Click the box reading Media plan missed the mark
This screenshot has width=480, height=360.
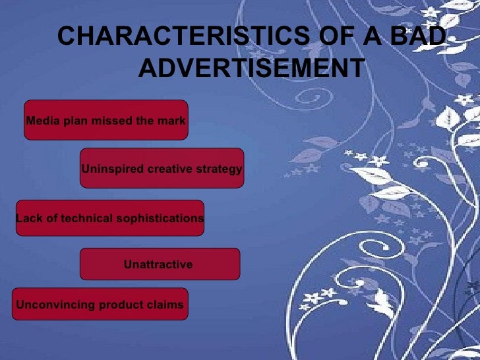(x=105, y=120)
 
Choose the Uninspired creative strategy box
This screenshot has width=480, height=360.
(x=162, y=169)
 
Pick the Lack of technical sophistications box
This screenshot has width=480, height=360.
(x=109, y=218)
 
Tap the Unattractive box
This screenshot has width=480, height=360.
(x=159, y=264)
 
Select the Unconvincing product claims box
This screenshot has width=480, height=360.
(x=100, y=305)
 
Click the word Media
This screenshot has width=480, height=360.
(x=41, y=121)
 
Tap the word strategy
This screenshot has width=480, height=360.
(x=221, y=169)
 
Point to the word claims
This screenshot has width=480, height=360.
(x=166, y=305)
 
